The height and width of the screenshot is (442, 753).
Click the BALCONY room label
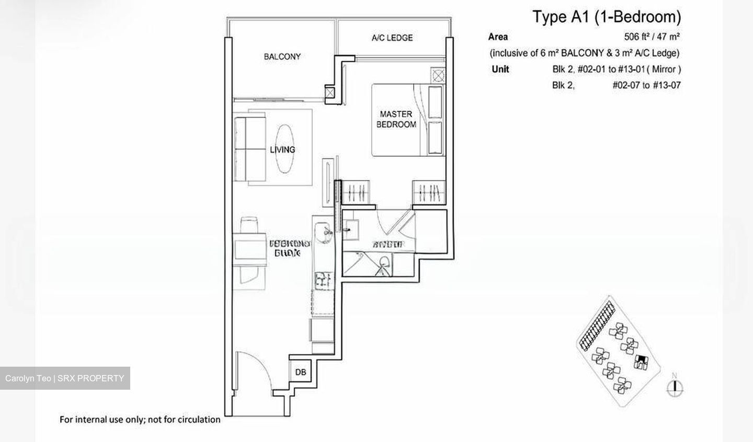click(x=282, y=56)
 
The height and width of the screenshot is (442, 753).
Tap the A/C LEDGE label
click(x=392, y=38)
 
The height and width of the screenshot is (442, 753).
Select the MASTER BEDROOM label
click(x=396, y=119)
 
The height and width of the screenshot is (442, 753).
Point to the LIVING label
click(x=282, y=150)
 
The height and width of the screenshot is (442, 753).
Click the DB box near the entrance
click(x=300, y=372)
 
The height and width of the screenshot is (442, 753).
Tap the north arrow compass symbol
click(x=676, y=386)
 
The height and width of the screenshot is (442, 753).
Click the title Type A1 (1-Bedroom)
click(x=607, y=17)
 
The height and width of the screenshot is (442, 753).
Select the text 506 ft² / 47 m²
click(x=652, y=37)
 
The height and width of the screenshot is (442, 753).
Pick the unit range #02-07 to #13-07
click(x=646, y=85)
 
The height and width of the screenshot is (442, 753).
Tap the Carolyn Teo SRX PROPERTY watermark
click(x=65, y=378)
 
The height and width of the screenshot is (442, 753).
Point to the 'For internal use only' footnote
click(x=140, y=419)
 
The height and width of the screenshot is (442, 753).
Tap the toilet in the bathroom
click(x=385, y=262)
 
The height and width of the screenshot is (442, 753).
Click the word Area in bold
click(x=498, y=37)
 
